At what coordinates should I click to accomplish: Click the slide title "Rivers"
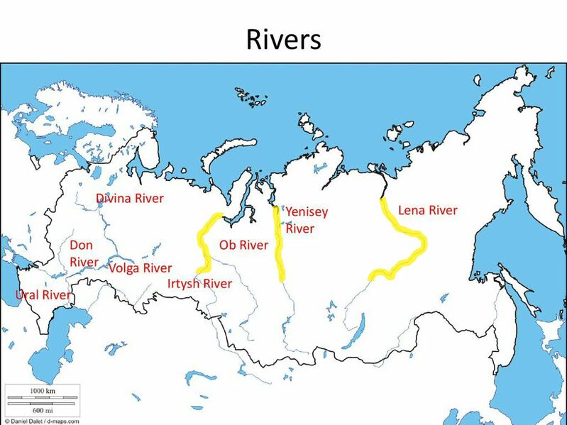283,39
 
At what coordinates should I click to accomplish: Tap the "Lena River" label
428,210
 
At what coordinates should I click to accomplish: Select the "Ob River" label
243,245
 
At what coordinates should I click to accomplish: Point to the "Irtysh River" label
199,284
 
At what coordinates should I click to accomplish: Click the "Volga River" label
140,268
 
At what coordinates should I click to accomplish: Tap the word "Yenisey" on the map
307,211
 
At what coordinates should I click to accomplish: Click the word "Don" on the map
81,245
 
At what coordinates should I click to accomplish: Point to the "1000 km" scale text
42,391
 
